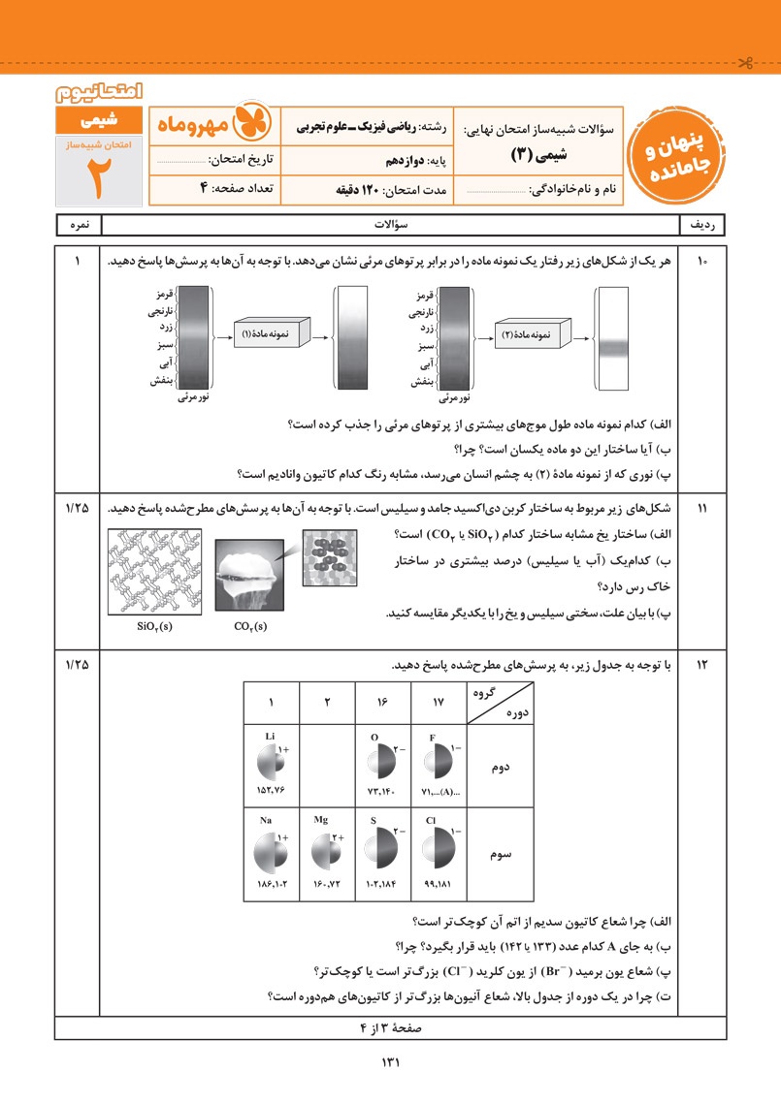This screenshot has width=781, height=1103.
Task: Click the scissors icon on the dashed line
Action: [744, 65]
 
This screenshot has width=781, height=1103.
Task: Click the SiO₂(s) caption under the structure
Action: [156, 626]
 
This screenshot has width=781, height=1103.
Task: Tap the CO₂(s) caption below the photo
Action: [252, 626]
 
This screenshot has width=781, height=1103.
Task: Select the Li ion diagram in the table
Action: [270, 762]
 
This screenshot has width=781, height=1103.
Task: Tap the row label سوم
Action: [502, 856]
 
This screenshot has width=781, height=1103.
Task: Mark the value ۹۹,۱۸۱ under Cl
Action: [439, 884]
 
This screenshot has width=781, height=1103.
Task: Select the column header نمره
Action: [78, 224]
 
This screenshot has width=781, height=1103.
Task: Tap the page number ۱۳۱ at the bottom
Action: [390, 1062]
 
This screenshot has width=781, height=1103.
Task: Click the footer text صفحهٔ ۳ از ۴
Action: [388, 1027]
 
